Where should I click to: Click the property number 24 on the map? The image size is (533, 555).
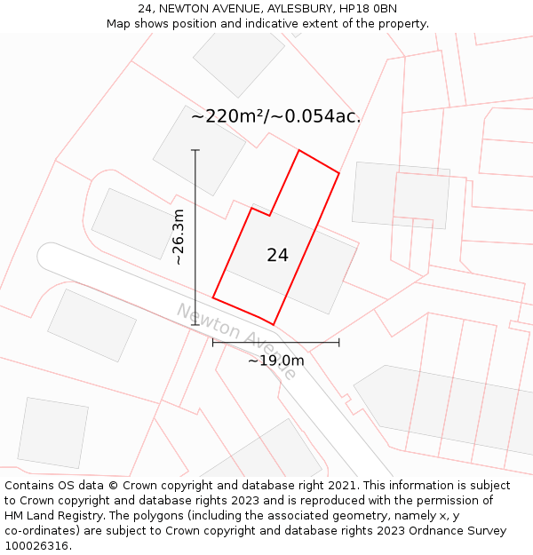(x=277, y=256)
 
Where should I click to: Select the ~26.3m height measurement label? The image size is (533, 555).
(x=179, y=237)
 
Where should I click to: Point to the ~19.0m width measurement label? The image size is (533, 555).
(x=275, y=361)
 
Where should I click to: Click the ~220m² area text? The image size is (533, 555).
(x=228, y=116)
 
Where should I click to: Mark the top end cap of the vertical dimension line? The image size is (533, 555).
(x=195, y=150)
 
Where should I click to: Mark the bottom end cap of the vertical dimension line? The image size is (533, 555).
(x=195, y=325)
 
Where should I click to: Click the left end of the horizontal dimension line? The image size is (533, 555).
(x=213, y=343)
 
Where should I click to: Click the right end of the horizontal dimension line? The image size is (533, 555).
(x=339, y=343)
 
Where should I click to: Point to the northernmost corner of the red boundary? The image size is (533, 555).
(x=298, y=150)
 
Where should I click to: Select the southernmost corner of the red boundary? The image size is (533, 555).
(x=273, y=324)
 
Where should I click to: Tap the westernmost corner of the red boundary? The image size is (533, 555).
(x=213, y=297)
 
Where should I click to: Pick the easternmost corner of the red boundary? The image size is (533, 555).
(x=339, y=173)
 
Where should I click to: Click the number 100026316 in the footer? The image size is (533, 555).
(x=36, y=545)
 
